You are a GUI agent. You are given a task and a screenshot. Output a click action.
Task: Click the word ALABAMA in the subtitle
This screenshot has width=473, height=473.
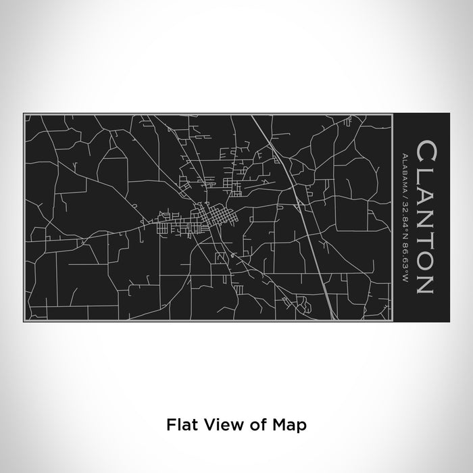pos(403,171)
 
